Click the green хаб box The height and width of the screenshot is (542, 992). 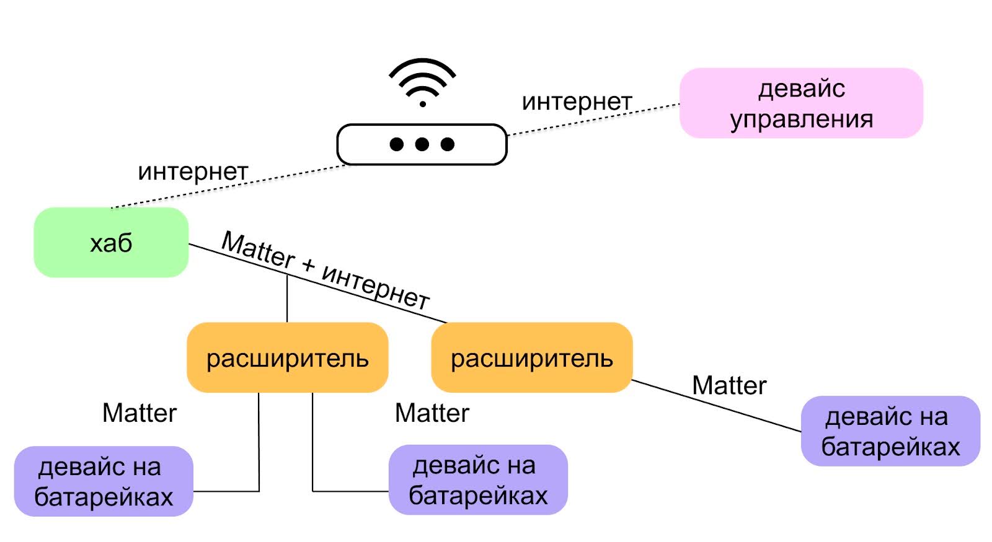(111, 242)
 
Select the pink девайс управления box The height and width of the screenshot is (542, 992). (801, 103)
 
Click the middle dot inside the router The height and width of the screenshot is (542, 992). (422, 144)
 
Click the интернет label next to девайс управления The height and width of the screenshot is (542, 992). (577, 102)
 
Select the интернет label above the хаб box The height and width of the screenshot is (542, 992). (193, 172)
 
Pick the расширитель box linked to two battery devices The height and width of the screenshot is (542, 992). (287, 358)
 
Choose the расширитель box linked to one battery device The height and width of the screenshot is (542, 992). (531, 358)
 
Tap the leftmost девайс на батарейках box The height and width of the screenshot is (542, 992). (104, 481)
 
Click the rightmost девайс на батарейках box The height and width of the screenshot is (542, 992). (890, 431)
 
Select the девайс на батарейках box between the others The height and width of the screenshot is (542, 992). (478, 480)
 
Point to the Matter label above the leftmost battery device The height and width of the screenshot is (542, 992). (139, 413)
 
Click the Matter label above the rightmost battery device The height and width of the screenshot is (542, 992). (729, 385)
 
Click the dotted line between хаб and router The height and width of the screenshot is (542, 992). (229, 186)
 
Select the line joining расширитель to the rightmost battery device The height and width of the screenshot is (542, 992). (716, 406)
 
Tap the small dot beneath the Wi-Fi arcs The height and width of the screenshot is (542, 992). (423, 104)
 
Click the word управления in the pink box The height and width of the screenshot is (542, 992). (801, 119)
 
